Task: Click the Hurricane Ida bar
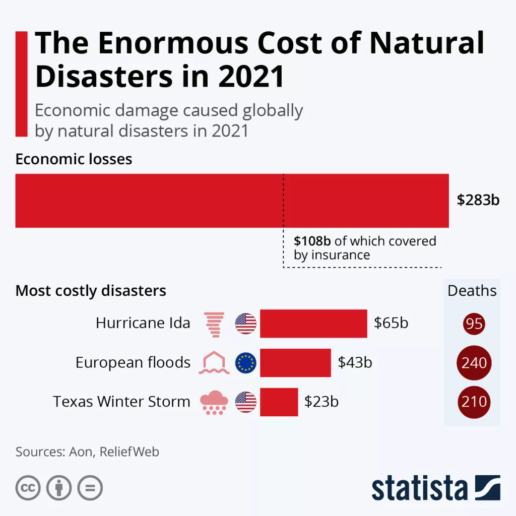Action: pos(313,324)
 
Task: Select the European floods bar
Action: pos(295,363)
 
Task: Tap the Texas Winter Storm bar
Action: pos(279,402)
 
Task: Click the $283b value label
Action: pos(478,200)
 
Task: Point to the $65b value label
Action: pos(391,323)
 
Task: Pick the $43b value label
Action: pos(355,362)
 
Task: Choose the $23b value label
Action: pos(321,402)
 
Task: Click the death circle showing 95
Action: pos(474,324)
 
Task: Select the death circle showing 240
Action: pos(474,363)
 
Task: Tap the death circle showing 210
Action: pos(474,402)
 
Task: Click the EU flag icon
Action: pos(246,363)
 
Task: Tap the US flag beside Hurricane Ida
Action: pos(246,324)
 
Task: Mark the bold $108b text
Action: pos(312,241)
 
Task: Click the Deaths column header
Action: pos(472,291)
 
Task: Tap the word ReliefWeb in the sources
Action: pos(130,451)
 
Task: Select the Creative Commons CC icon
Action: pos(28,488)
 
